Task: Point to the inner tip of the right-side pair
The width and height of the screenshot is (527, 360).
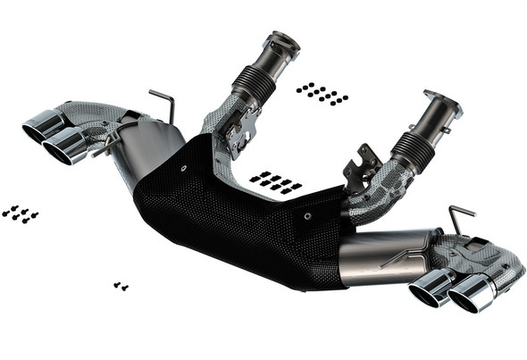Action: click(431, 287)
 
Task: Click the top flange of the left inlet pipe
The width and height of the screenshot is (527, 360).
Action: click(280, 42)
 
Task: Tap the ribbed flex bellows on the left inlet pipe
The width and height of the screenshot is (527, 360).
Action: click(254, 82)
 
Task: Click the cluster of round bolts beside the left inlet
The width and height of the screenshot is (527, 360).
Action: click(322, 93)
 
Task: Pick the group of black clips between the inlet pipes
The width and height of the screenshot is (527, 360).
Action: click(276, 182)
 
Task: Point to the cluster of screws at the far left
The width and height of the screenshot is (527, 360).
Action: click(21, 213)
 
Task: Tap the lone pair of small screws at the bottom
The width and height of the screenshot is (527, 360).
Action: click(121, 286)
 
